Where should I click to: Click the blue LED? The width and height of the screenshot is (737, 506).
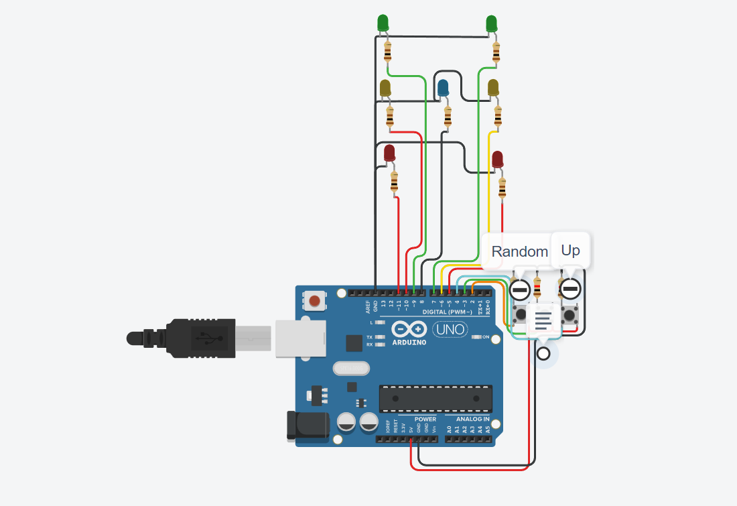click(x=443, y=88)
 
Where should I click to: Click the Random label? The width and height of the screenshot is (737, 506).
click(x=519, y=251)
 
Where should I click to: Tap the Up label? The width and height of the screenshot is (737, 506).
click(x=570, y=250)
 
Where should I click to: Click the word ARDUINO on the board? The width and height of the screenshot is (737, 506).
click(x=408, y=342)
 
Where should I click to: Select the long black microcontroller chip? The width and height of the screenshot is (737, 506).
click(x=435, y=398)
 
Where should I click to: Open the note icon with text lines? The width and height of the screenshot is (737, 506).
click(x=543, y=319)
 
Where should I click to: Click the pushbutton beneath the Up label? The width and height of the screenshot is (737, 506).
click(x=570, y=314)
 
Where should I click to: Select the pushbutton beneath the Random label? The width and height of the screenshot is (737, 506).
click(x=521, y=313)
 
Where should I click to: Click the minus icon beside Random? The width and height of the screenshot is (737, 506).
click(x=520, y=290)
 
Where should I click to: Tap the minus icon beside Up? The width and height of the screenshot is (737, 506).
click(x=570, y=289)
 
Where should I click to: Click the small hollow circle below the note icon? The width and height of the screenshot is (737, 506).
click(x=543, y=353)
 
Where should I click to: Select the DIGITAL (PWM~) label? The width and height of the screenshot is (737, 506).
click(x=447, y=312)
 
